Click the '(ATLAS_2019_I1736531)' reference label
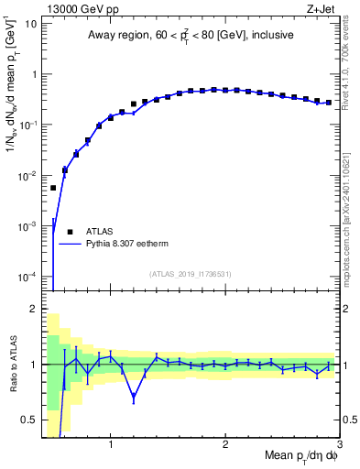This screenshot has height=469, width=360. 191,273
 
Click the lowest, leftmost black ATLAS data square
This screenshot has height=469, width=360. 53,188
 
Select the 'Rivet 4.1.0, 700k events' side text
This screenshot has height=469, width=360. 349,64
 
